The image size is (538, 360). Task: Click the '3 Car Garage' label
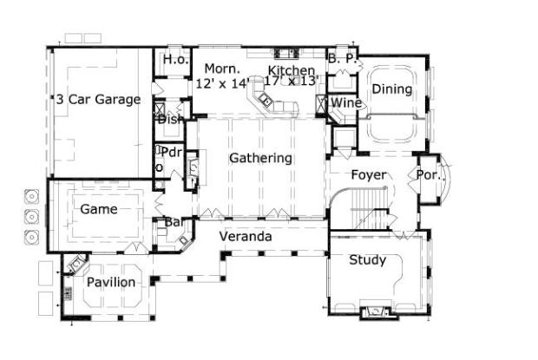(98, 100)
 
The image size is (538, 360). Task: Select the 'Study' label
(367, 260)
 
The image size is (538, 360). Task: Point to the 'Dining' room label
(390, 89)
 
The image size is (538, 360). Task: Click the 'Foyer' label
(368, 175)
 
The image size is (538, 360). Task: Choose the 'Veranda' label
(245, 236)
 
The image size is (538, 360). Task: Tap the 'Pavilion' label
(110, 283)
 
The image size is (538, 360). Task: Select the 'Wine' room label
(345, 104)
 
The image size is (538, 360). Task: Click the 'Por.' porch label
(430, 174)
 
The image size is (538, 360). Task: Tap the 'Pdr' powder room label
(172, 153)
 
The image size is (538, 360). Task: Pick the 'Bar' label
(174, 222)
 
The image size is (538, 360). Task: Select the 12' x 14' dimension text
(223, 83)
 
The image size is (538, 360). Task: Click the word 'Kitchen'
(291, 70)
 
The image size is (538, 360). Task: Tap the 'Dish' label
(170, 119)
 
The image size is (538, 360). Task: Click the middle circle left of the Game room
(30, 214)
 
